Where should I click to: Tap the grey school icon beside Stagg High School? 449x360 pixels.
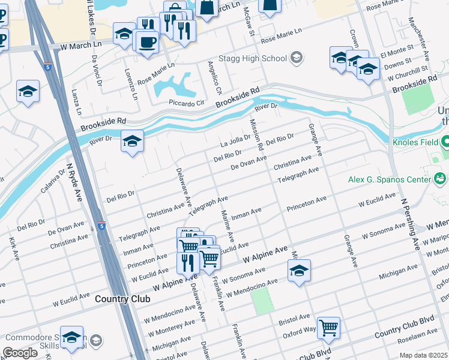click(295, 58)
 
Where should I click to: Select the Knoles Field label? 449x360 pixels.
click(412, 143)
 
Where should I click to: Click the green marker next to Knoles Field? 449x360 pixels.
click(445, 143)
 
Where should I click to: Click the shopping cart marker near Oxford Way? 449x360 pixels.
click(328, 328)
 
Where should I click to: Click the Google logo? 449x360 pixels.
click(20, 353)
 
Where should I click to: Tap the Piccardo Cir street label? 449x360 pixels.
click(187, 103)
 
